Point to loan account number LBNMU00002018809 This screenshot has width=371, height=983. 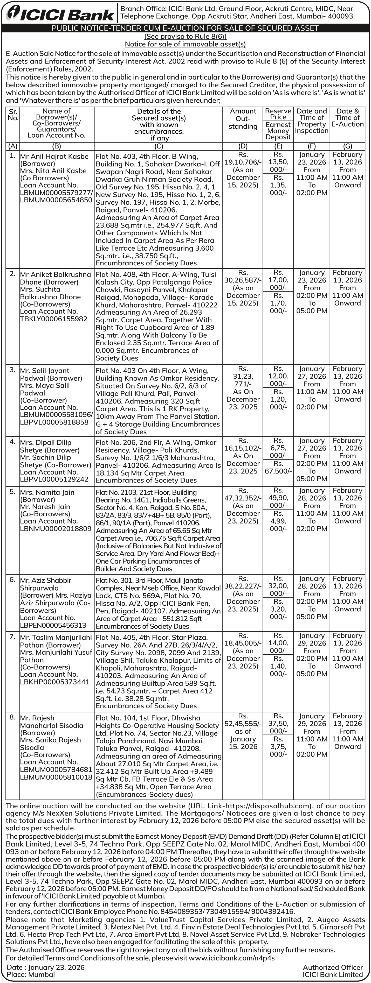tap(56, 528)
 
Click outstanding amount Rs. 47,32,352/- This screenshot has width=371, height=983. tap(243, 498)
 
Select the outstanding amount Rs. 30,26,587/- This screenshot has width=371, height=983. tap(243, 280)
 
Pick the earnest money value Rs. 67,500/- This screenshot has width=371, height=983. tap(278, 471)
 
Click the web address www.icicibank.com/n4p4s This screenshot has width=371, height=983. tap(231, 958)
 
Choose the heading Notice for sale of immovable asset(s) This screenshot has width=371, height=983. tap(185, 44)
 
